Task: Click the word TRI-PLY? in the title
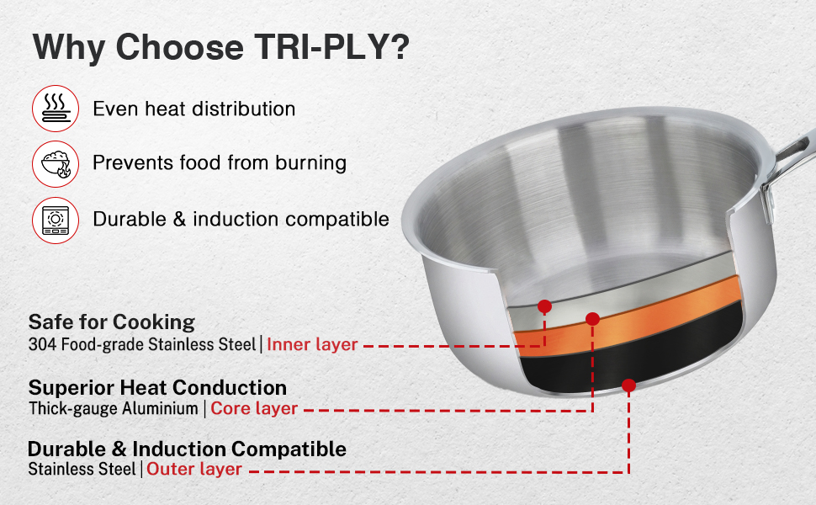pos(331,48)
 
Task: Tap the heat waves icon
pos(56,109)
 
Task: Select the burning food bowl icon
pos(56,164)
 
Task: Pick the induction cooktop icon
pos(56,221)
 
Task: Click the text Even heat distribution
pos(194,109)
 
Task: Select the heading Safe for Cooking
pos(112,322)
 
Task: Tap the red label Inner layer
pos(312,344)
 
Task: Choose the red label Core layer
pos(254,408)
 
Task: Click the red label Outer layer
pos(194,469)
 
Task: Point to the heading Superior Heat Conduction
pos(157,388)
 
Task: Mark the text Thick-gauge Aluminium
pos(114,408)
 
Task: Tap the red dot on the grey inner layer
pos(545,306)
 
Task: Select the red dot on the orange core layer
pos(593,319)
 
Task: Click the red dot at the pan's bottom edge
pos(628,385)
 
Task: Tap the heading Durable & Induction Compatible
pos(188,449)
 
